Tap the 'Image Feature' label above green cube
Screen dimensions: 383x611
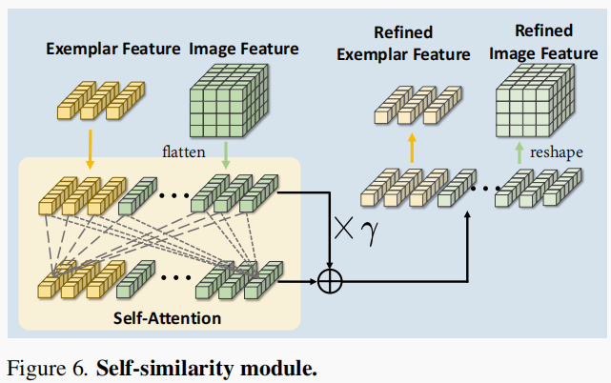tap(243, 48)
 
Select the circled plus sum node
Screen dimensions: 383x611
tap(330, 281)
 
